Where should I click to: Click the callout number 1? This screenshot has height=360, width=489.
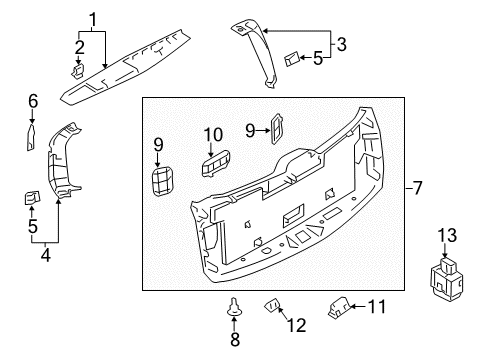[x=93, y=19]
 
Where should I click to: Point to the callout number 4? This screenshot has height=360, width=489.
[x=43, y=254]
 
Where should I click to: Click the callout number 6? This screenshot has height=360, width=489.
[x=32, y=100]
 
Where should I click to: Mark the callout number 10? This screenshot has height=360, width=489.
[x=213, y=135]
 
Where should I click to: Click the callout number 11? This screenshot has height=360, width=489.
[x=376, y=306]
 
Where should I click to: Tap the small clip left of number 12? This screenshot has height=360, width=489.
[x=271, y=304]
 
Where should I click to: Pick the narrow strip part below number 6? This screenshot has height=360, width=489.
[x=30, y=135]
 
